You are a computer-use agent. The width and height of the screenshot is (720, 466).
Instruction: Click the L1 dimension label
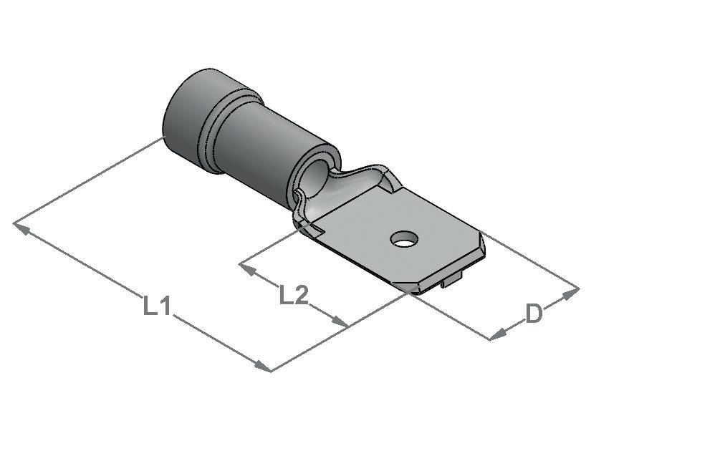pos(157,306)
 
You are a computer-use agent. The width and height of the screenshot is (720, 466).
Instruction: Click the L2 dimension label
pos(294,296)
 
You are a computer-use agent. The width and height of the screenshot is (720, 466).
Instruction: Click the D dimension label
pos(534,314)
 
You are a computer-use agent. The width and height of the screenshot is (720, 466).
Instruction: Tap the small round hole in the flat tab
pos(405,238)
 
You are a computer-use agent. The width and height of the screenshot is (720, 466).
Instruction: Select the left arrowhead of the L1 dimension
pos(22,228)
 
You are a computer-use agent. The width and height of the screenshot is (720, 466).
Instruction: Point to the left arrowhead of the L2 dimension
pos(248,269)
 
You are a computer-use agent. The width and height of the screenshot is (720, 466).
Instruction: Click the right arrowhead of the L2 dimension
pos(340,321)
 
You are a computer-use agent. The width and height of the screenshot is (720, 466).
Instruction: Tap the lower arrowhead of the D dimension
pos(499,334)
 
